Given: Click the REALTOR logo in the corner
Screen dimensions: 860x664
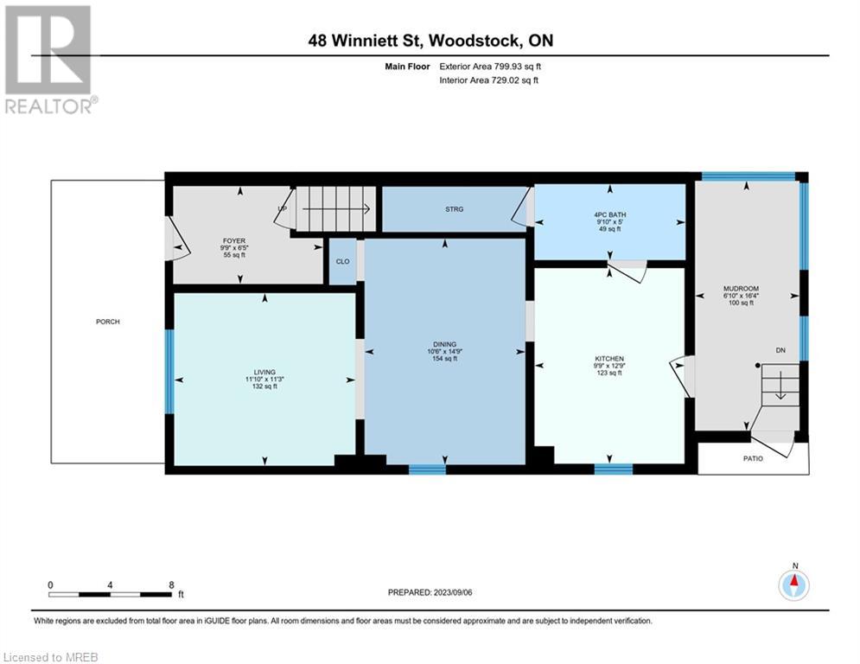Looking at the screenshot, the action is pyautogui.click(x=50, y=60).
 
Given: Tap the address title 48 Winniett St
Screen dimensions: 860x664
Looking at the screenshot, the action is pyautogui.click(x=365, y=41).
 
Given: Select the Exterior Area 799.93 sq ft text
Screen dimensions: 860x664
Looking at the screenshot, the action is pyautogui.click(x=490, y=67).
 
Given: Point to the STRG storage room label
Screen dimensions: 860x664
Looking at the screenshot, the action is pyautogui.click(x=454, y=209).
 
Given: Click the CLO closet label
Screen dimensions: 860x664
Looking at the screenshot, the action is pyautogui.click(x=343, y=261).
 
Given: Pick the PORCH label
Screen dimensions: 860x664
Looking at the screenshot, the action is pyautogui.click(x=107, y=322).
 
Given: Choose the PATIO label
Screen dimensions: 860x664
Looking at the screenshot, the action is pyautogui.click(x=753, y=458).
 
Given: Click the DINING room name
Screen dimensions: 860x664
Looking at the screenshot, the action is pyautogui.click(x=444, y=345).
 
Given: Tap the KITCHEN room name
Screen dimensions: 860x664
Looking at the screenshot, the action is pyautogui.click(x=608, y=359).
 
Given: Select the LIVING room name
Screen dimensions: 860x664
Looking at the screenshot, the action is pyautogui.click(x=264, y=372).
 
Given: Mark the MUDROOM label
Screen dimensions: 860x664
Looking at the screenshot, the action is pyautogui.click(x=741, y=289).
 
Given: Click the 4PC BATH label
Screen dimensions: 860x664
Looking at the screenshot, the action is pyautogui.click(x=610, y=215).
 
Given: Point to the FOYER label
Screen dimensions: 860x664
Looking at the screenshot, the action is pyautogui.click(x=234, y=241).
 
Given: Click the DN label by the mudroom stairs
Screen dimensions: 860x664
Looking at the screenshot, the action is pyautogui.click(x=780, y=350).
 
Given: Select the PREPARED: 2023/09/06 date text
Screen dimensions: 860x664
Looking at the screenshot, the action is pyautogui.click(x=430, y=592).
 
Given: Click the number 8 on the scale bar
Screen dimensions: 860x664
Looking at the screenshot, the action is pyautogui.click(x=172, y=585).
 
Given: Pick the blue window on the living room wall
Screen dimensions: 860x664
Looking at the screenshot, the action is pyautogui.click(x=170, y=372).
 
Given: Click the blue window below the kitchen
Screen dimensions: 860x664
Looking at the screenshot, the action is pyautogui.click(x=613, y=469).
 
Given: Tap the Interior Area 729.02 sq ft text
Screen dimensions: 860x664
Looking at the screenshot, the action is pyautogui.click(x=488, y=80).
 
